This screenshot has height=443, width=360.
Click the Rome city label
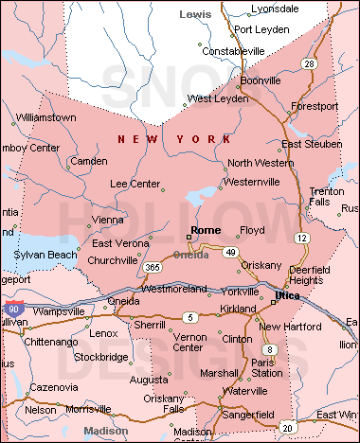pyautogui.click(x=206, y=230)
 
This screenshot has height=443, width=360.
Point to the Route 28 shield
pyautogui.click(x=308, y=63)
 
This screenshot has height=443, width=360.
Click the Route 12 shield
pyautogui.click(x=300, y=236)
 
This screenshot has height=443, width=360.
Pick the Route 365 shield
pyautogui.click(x=153, y=268)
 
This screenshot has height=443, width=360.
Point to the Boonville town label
pyautogui.click(x=261, y=80)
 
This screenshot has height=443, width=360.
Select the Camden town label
pyautogui.click(x=89, y=161)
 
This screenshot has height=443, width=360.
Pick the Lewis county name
pyautogui.click(x=195, y=15)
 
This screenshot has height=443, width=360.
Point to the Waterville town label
pyautogui.click(x=245, y=390)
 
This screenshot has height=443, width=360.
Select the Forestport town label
pyautogui.click(x=315, y=107)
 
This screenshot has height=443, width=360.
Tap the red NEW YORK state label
pyautogui.click(x=173, y=140)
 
